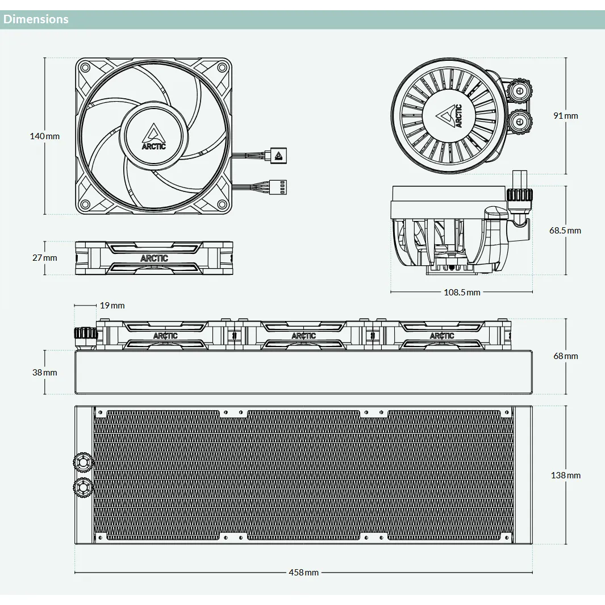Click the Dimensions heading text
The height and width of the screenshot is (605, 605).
(x=36, y=19)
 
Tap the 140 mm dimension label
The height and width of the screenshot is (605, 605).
(x=45, y=136)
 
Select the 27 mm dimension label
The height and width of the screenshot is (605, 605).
(x=45, y=258)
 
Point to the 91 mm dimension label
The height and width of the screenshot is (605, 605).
(x=566, y=116)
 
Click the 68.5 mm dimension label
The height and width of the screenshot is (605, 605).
(x=565, y=231)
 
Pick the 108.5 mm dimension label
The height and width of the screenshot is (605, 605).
(x=462, y=293)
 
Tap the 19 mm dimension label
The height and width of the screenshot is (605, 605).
(x=112, y=306)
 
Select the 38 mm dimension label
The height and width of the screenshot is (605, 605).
(x=45, y=373)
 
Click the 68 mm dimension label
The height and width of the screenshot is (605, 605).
(x=566, y=356)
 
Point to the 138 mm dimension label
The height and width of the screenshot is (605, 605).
(x=566, y=475)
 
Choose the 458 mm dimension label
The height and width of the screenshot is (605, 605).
(x=304, y=573)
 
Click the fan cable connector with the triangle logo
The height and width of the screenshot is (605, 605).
(x=278, y=156)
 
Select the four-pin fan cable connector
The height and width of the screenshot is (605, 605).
(x=278, y=187)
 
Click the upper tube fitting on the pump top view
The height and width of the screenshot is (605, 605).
(x=519, y=91)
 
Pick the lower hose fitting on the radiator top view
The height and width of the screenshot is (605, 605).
(x=83, y=487)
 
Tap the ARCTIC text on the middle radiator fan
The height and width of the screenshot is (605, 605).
(x=304, y=336)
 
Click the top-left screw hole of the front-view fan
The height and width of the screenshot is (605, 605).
(x=85, y=68)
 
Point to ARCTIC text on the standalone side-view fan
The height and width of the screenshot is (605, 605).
(x=154, y=258)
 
